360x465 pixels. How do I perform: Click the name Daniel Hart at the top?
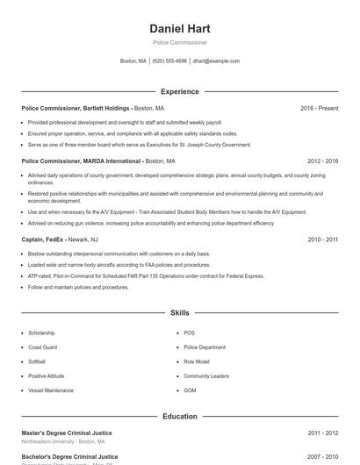tap(180, 28)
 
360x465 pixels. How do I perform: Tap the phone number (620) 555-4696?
tap(169, 61)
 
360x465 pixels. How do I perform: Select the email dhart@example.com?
tap(216, 61)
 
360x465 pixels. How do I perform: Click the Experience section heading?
tap(180, 91)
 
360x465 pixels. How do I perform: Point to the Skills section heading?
tap(180, 312)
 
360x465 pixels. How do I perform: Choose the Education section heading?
tap(180, 416)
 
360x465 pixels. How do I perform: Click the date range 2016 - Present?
tap(319, 108)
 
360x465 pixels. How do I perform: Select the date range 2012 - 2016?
tap(323, 161)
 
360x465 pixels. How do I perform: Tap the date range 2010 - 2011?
tap(323, 239)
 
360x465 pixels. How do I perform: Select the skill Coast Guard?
tap(43, 347)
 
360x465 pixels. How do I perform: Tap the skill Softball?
tap(37, 361)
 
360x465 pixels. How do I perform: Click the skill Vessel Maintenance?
tap(51, 390)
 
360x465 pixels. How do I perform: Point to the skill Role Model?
tap(197, 361)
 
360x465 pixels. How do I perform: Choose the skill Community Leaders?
tap(206, 376)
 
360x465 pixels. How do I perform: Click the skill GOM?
tap(190, 390)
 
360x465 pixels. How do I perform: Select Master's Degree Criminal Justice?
tap(67, 433)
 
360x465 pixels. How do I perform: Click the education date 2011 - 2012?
tap(323, 433)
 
